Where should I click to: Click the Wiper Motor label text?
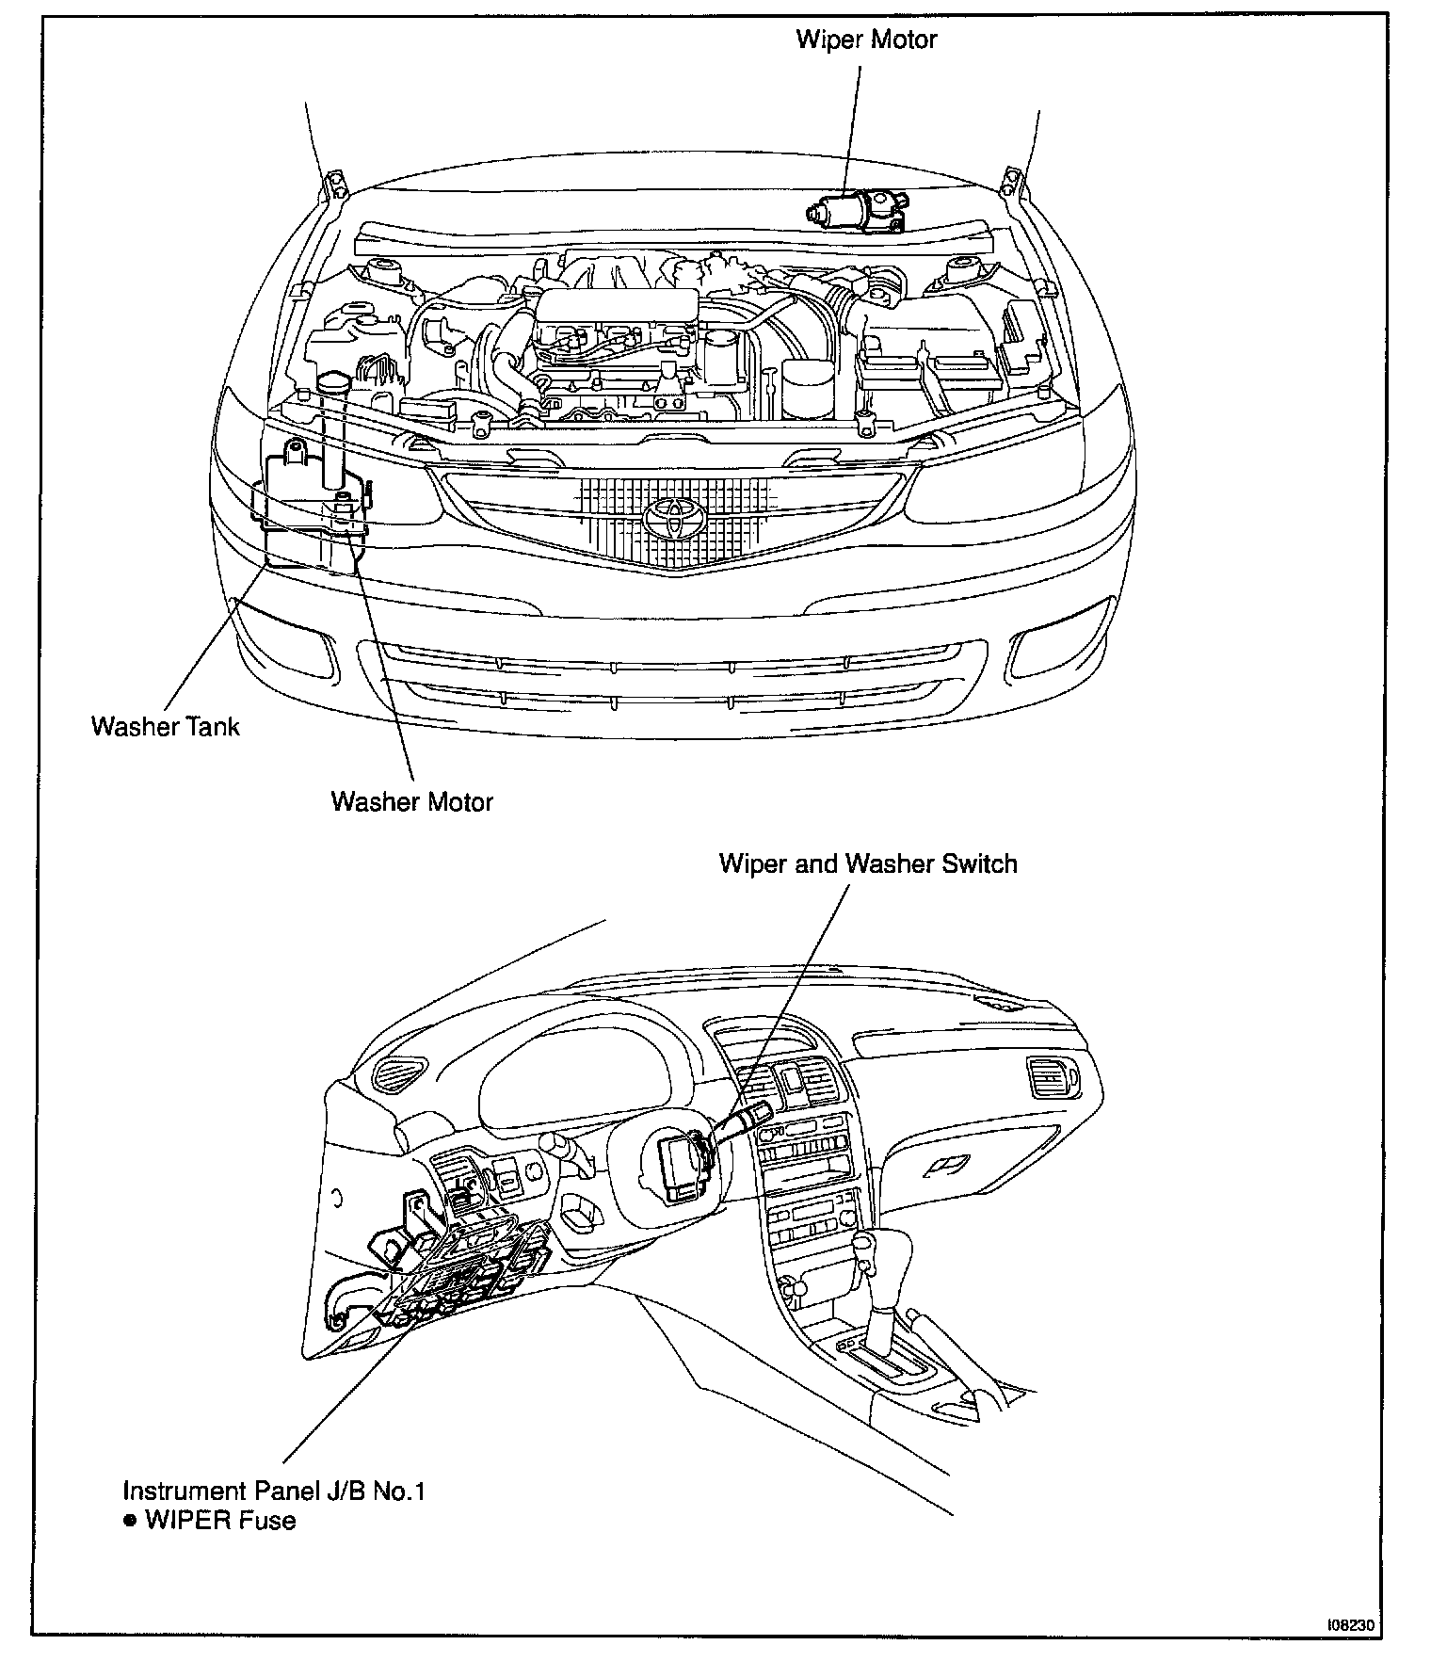866,40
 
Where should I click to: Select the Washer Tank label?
165,726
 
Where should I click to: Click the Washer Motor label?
411,801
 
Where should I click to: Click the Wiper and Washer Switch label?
867,863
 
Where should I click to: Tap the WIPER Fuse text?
220,1520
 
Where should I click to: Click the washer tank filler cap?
331,385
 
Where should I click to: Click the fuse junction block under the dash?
461,1271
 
